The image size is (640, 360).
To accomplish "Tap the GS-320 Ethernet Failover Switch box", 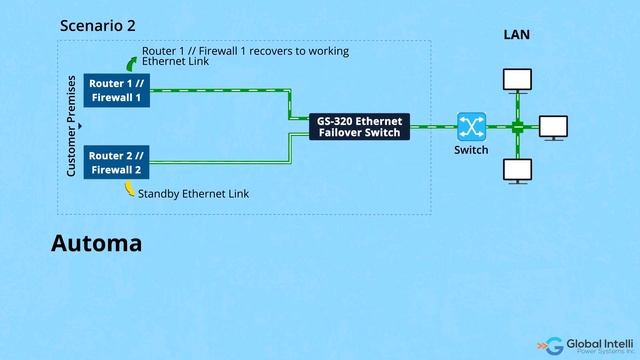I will [359, 127].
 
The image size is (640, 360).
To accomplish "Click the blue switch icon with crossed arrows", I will [471, 127].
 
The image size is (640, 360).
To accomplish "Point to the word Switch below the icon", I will [471, 150].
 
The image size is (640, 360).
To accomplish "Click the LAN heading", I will [516, 35].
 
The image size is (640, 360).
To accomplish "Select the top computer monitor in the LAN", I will [518, 78].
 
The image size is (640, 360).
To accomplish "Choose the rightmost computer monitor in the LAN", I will [553, 126].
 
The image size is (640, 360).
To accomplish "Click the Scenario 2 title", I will [98, 26].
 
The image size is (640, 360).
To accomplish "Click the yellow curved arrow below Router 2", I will [129, 189].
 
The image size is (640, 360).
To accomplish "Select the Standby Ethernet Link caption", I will [193, 193].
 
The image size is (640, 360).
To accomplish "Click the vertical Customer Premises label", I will [72, 127].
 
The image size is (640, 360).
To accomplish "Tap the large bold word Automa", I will [96, 243].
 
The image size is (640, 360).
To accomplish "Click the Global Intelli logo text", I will [602, 343].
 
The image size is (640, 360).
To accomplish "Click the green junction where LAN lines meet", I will [518, 127].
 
